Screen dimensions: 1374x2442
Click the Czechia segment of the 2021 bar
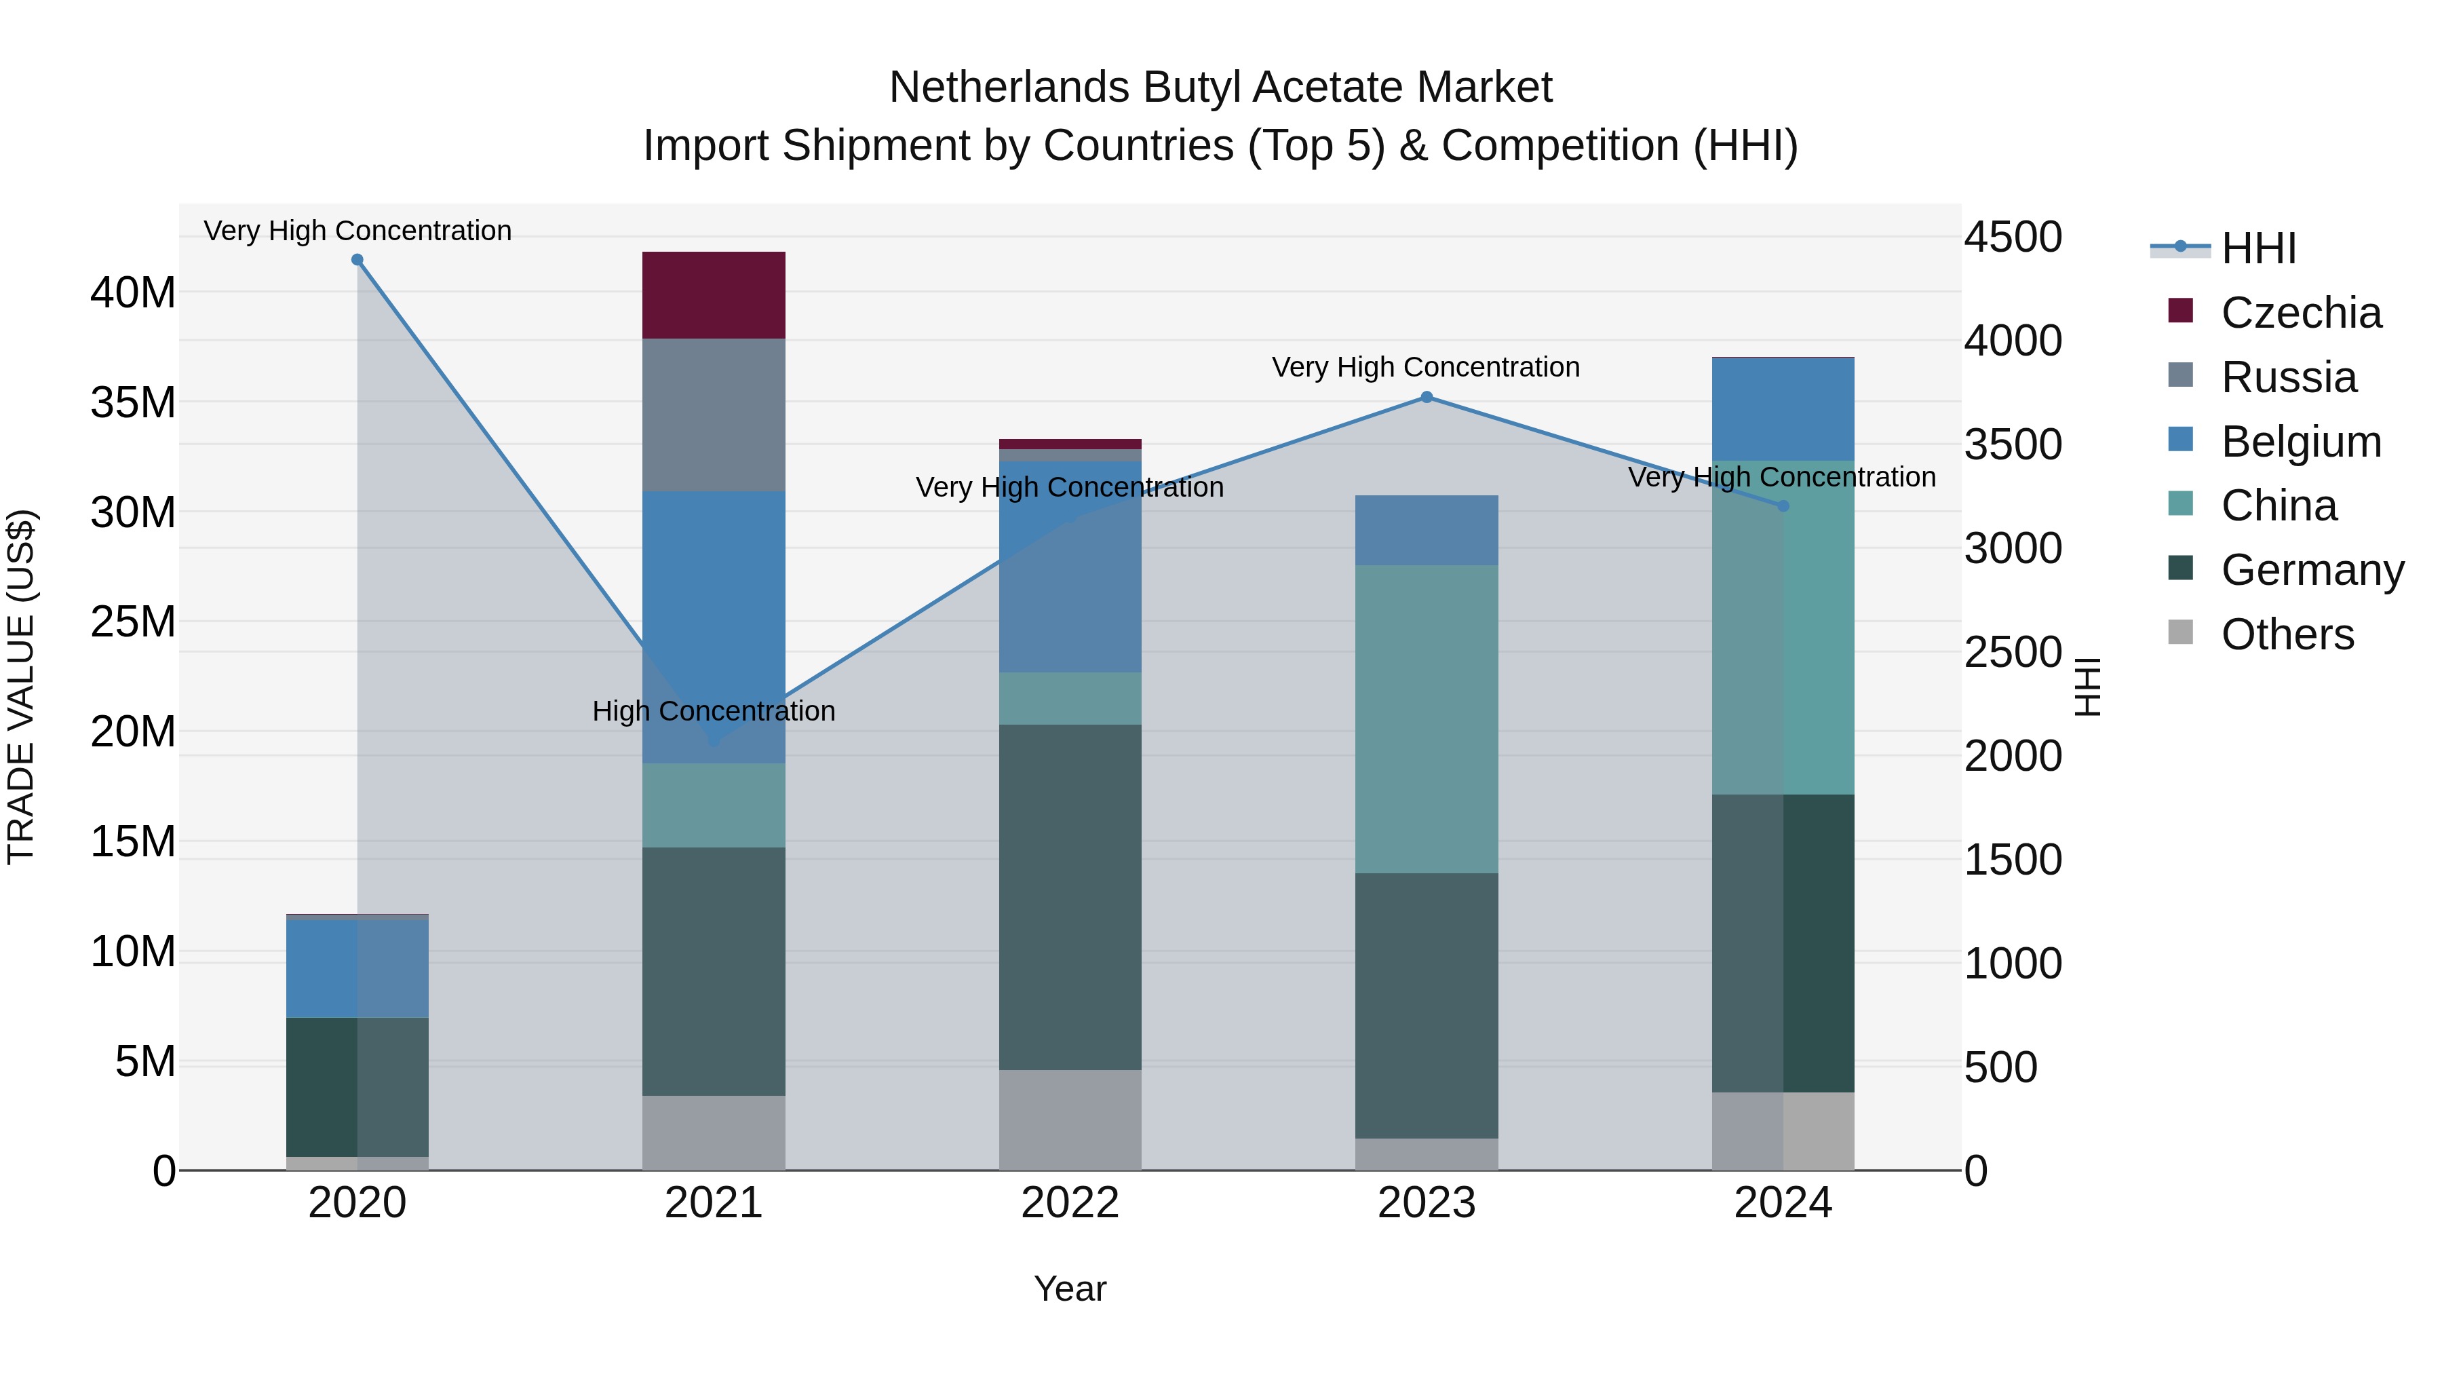click(x=713, y=295)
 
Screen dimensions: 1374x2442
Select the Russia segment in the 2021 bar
click(x=713, y=415)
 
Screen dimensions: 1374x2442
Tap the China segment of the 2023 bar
click(x=1426, y=719)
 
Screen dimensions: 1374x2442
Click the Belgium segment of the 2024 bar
click(x=1782, y=408)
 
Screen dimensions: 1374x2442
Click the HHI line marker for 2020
click(x=357, y=260)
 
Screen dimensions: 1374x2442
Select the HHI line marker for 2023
click(x=1426, y=398)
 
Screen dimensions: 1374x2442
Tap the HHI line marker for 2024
click(x=1782, y=505)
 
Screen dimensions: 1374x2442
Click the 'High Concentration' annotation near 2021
click(x=713, y=711)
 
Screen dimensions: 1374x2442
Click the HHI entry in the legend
click(x=2258, y=248)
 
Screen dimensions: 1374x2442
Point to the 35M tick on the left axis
click(x=133, y=403)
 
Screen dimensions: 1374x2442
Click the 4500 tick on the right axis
click(x=2012, y=237)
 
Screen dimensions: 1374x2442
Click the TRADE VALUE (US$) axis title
click(x=21, y=687)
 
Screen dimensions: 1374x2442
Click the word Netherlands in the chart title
click(x=1009, y=88)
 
